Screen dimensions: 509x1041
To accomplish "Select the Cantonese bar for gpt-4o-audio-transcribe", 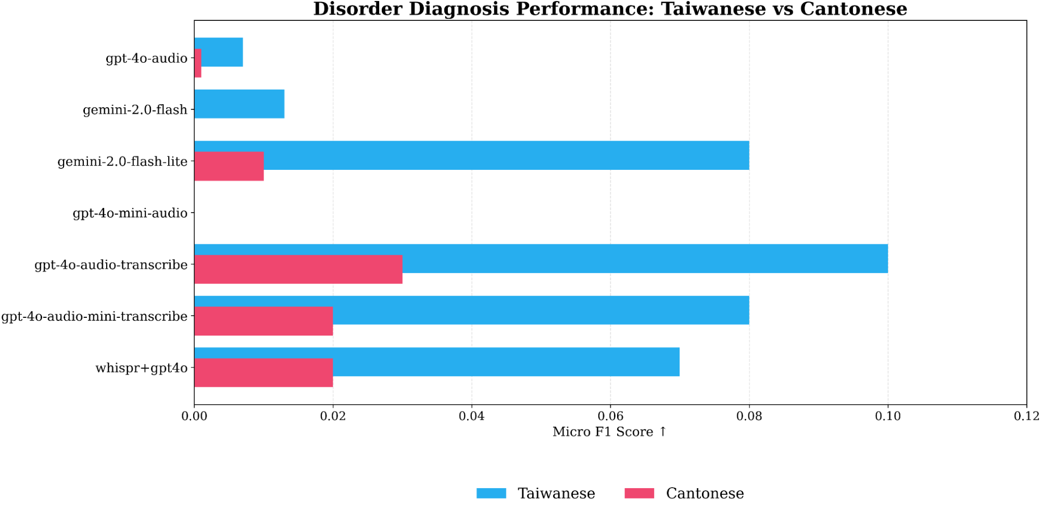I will (x=298, y=269).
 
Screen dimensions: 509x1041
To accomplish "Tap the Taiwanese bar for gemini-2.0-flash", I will (x=239, y=104).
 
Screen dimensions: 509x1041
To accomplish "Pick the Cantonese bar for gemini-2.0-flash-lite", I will (x=229, y=166).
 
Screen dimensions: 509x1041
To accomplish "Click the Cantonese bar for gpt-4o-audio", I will (x=198, y=63).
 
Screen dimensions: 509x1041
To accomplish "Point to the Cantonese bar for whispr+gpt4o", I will (x=264, y=373).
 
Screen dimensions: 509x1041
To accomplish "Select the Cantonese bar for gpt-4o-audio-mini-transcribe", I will (x=264, y=321).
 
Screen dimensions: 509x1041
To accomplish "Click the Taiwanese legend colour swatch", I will (x=491, y=493).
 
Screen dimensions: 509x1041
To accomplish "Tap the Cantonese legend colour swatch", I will (x=639, y=493).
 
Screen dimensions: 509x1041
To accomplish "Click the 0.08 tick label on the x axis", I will (x=749, y=416).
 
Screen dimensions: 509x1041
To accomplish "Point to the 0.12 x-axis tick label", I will (x=1026, y=416).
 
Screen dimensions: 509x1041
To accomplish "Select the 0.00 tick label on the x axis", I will (x=194, y=416).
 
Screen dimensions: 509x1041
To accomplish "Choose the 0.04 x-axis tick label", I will (x=472, y=416).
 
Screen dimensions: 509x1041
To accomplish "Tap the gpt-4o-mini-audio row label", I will (x=130, y=213).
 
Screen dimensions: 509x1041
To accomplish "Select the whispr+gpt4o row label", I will (x=141, y=368).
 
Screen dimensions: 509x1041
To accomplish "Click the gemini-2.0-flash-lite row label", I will (x=122, y=162).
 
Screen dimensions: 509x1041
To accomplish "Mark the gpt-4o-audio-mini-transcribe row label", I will (x=94, y=317).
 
